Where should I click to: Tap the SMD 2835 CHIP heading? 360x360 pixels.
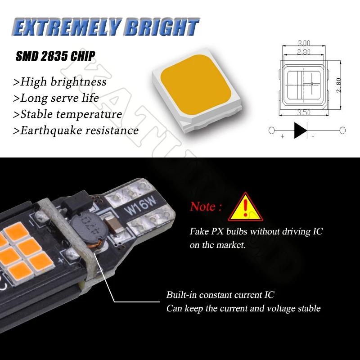coord(55,56)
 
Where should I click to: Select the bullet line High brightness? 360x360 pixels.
coord(60,81)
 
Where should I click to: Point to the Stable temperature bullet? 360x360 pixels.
coord(68,114)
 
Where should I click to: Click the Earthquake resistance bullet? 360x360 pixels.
coord(76,130)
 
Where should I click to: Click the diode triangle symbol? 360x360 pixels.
coord(300,130)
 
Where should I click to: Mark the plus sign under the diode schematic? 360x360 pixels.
coord(282,136)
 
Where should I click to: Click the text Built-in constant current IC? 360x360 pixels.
coord(220,295)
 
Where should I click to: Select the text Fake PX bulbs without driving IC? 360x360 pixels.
coord(256,232)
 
